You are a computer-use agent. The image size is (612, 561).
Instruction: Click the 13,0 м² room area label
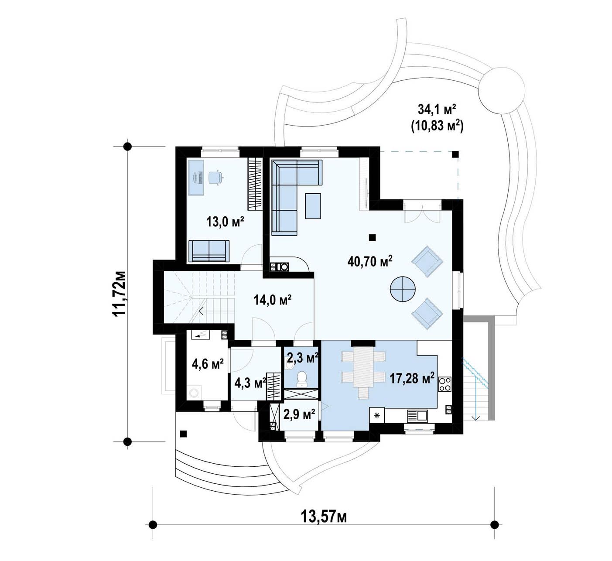pos(225,222)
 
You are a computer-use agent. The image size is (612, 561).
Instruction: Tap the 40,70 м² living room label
pos(370,261)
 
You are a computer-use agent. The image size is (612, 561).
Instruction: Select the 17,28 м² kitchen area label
pos(412,379)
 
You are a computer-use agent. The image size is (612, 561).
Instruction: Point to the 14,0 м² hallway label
pos(273,300)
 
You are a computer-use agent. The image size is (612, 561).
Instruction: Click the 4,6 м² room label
pos(208,363)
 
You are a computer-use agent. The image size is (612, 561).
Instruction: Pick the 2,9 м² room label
pos(299,414)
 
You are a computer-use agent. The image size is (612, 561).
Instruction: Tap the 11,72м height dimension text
pos(120,294)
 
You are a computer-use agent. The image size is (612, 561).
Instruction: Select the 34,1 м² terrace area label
pos(437,109)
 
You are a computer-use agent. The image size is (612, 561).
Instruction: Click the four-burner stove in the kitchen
pos(444,384)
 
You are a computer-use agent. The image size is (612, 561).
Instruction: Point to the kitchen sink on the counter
pos(417,415)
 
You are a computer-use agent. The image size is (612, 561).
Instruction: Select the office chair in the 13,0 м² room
pos(215,178)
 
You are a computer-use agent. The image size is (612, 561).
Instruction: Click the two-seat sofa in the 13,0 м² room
pos(209,251)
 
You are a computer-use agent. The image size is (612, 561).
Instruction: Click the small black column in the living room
pos(372,237)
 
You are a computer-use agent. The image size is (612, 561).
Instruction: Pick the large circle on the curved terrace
pos(501,91)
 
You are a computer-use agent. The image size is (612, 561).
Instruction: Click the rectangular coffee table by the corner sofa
pos(313,206)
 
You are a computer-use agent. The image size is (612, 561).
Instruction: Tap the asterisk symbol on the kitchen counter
pos(377,415)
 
